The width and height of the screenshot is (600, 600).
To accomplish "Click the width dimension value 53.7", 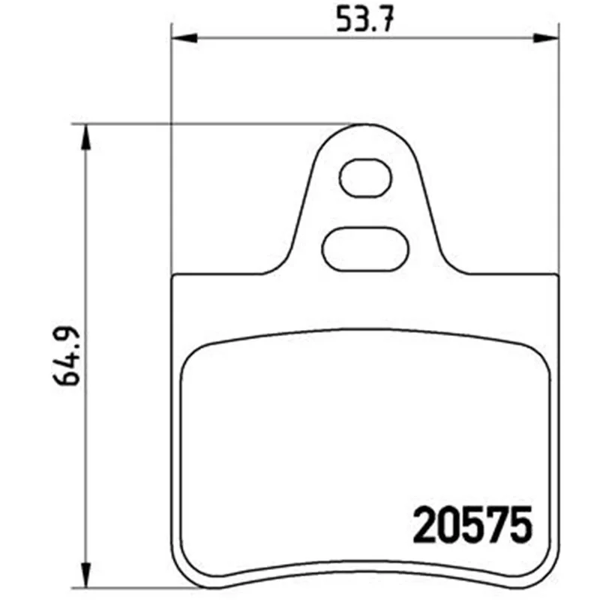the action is coord(364,19).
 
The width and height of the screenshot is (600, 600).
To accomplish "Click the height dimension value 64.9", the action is coord(67,355).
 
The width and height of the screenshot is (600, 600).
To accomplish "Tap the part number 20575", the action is coord(472,524).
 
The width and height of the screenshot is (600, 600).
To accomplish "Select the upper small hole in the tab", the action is coord(365,178).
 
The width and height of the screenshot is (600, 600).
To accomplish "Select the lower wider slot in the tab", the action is coord(365,249).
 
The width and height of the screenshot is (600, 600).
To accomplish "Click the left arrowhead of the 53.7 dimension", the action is coord(184,38).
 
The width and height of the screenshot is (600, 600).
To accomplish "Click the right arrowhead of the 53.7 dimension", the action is coord(546,38).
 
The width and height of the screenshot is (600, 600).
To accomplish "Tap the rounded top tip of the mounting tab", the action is coord(365,124).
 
